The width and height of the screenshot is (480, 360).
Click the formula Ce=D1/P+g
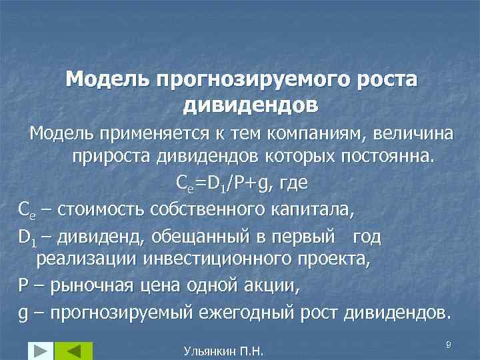(226, 183)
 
